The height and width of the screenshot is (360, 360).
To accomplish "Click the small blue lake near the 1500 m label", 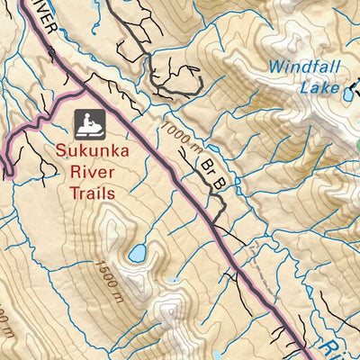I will coord(138,255).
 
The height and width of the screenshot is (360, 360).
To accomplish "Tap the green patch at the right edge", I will coord(357,144).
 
